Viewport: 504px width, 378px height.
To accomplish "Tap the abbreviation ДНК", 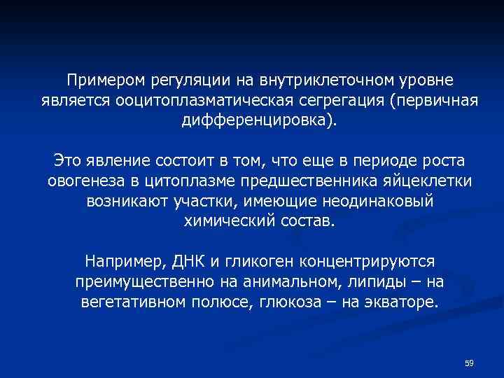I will (188, 262).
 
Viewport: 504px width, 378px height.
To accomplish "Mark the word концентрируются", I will (368, 262).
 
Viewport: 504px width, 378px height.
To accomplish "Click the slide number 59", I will (470, 363).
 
